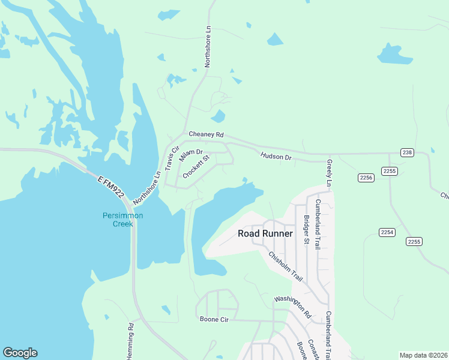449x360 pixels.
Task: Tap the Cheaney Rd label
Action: (206, 134)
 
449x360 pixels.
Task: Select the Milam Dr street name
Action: (191, 154)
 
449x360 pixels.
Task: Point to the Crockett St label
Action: (196, 166)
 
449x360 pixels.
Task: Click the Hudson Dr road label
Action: (276, 157)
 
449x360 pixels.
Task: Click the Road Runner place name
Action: (265, 233)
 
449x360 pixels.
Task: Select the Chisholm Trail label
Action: (285, 266)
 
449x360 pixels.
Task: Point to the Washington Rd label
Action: (293, 307)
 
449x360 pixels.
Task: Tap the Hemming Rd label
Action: (130, 341)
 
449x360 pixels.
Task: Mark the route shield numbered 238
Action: (407, 153)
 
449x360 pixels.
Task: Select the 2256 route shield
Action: (366, 177)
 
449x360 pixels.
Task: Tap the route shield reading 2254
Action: (387, 232)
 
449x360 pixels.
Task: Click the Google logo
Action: (20, 353)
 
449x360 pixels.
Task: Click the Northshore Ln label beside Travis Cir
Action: (148, 186)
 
